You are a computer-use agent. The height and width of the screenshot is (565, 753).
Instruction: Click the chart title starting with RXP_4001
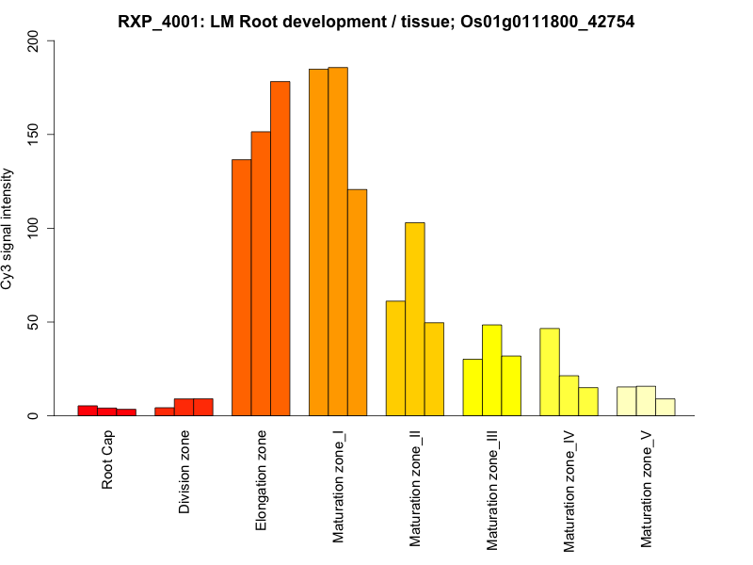[376, 21]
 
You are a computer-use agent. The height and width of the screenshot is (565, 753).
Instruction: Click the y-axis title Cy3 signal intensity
[8, 228]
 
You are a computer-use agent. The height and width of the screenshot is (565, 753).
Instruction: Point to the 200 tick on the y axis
[34, 40]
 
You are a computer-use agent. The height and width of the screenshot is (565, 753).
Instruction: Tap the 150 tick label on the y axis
[34, 135]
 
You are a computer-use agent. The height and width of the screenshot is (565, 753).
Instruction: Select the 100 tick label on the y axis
[34, 228]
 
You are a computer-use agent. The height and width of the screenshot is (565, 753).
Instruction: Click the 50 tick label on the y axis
[34, 322]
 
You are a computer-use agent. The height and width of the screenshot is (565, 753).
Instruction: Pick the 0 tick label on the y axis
[34, 415]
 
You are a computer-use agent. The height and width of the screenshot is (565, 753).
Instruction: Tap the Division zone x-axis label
[184, 472]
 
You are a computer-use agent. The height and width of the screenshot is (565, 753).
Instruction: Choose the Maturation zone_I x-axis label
[339, 486]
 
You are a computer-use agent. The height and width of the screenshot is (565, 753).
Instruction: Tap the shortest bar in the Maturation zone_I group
[357, 302]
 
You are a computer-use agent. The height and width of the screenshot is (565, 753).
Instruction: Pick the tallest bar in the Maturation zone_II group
[415, 319]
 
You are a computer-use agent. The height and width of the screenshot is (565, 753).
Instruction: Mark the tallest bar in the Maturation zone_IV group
[550, 372]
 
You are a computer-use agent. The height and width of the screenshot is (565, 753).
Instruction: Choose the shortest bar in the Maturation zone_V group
[665, 407]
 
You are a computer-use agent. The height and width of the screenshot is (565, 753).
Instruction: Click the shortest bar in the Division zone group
[165, 412]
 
